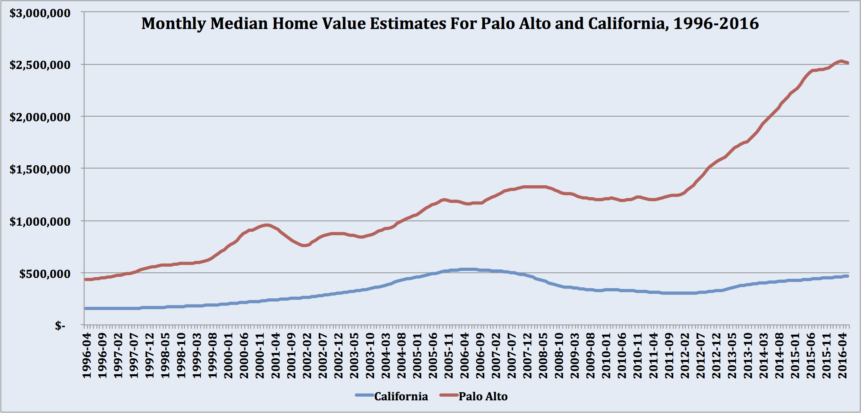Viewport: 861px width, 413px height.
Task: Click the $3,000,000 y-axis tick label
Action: point(40,13)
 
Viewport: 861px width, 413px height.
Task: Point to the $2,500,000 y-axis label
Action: point(40,65)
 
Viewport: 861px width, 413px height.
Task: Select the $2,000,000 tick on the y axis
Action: point(40,117)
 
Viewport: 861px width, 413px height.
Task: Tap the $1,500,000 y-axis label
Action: point(40,169)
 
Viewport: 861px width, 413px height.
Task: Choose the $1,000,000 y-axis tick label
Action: point(40,221)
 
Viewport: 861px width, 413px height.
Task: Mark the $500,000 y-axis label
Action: point(44,273)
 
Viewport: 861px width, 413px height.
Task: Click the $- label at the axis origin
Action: point(60,325)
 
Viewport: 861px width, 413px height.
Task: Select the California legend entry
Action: point(401,396)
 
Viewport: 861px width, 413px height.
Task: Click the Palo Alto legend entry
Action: point(483,396)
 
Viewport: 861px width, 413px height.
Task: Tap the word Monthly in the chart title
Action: point(173,24)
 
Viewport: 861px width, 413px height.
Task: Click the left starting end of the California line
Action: point(86,308)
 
